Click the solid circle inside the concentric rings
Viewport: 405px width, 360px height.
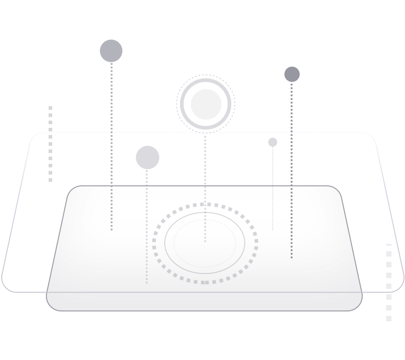(x=206, y=104)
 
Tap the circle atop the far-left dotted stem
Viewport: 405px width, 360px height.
(x=111, y=51)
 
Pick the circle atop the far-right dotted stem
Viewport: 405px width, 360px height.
(x=292, y=74)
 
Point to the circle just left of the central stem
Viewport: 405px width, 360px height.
(x=148, y=157)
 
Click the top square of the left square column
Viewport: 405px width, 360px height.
(x=50, y=108)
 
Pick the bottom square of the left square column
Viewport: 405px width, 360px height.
(x=50, y=180)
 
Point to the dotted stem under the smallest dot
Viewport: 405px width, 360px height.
(x=272, y=189)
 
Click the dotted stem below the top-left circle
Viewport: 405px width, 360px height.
(x=112, y=135)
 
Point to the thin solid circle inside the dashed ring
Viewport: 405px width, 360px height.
(x=165, y=243)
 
